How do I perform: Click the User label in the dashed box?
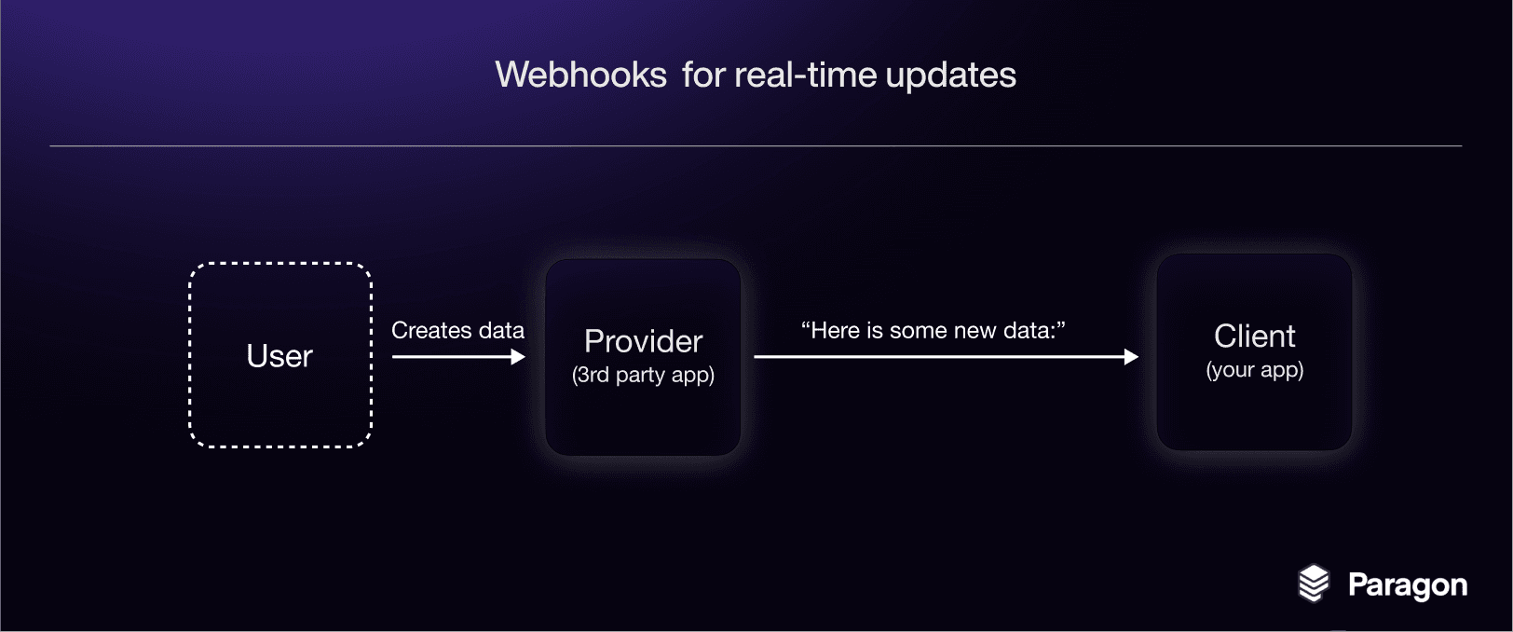pyautogui.click(x=279, y=356)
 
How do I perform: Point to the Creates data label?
pyautogui.click(x=458, y=330)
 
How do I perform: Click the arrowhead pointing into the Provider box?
pyautogui.click(x=518, y=356)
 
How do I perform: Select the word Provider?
pyautogui.click(x=643, y=341)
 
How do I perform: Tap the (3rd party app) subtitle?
pyautogui.click(x=643, y=375)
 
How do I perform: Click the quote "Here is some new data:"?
pyautogui.click(x=933, y=330)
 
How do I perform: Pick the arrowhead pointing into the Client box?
pyautogui.click(x=1131, y=356)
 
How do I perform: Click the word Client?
pyautogui.click(x=1254, y=336)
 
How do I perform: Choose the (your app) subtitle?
pyautogui.click(x=1254, y=370)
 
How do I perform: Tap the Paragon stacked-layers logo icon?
pyautogui.click(x=1314, y=583)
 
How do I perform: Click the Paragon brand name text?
pyautogui.click(x=1408, y=585)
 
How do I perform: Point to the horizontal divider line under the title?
pyautogui.click(x=756, y=145)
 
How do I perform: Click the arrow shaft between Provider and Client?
pyautogui.click(x=939, y=356)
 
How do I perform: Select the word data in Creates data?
pyautogui.click(x=501, y=330)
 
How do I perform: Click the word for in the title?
pyautogui.click(x=703, y=75)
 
